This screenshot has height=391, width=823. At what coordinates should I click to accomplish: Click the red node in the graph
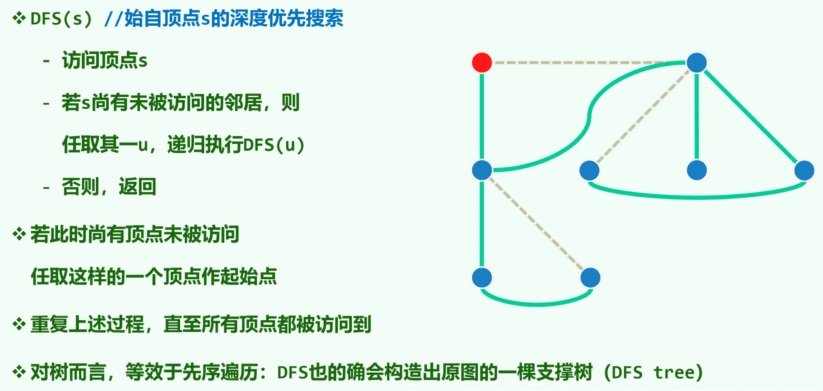click(482, 63)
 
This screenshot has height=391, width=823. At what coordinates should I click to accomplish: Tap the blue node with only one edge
click(696, 170)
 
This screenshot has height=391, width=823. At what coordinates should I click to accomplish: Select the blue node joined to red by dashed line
click(696, 63)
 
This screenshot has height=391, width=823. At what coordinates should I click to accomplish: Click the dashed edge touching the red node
click(584, 63)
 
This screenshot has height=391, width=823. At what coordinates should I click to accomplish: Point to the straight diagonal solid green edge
click(750, 117)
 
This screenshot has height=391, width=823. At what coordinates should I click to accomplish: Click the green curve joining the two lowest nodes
click(537, 303)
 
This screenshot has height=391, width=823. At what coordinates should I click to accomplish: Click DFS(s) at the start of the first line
click(61, 19)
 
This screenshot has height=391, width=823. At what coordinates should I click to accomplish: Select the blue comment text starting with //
click(223, 19)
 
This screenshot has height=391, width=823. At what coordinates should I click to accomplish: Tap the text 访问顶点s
click(105, 60)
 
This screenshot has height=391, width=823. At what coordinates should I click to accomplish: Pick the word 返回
click(138, 186)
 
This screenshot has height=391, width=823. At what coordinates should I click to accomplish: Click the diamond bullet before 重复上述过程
click(19, 324)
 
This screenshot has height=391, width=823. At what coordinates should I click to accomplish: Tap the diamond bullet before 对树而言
click(19, 372)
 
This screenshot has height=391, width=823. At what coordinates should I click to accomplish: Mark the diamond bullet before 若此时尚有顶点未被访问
click(19, 234)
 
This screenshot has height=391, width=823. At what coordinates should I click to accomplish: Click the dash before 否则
click(46, 187)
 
